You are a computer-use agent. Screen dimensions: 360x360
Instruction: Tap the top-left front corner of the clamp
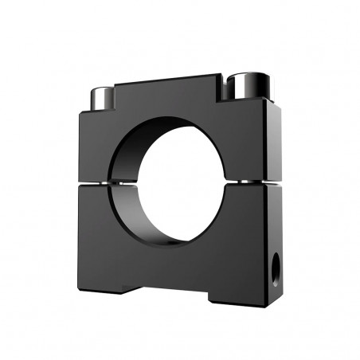(x=80, y=112)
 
